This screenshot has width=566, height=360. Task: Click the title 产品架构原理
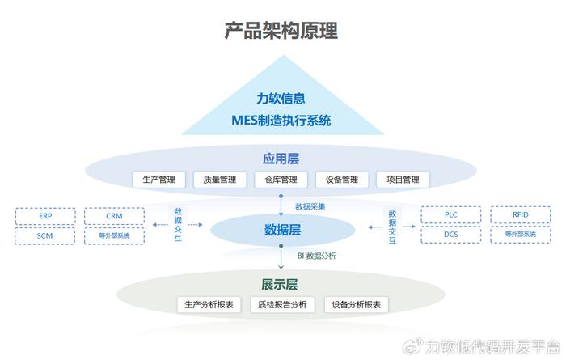[281, 30]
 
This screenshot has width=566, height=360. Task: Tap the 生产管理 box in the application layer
[158, 180]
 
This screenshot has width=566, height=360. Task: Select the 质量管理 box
[220, 180]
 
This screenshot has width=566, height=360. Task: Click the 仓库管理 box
[281, 180]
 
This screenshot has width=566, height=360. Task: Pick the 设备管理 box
[342, 180]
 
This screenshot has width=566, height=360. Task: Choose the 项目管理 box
[403, 180]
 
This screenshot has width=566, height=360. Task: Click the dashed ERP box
[45, 216]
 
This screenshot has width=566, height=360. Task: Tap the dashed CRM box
[115, 216]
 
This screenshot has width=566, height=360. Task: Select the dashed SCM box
[45, 235]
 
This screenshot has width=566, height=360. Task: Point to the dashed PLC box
[451, 215]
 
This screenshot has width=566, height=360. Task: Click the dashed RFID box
[521, 215]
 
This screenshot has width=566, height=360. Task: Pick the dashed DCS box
[451, 235]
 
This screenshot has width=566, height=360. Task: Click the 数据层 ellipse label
[282, 230]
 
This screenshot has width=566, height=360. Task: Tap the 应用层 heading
[281, 159]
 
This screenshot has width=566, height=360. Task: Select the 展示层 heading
[280, 285]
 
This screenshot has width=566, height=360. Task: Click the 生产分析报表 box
[209, 305]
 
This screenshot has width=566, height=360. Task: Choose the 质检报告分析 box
[282, 305]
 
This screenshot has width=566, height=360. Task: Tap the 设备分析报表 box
[357, 305]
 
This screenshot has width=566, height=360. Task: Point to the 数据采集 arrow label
[310, 206]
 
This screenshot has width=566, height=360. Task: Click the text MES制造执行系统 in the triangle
[281, 121]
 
